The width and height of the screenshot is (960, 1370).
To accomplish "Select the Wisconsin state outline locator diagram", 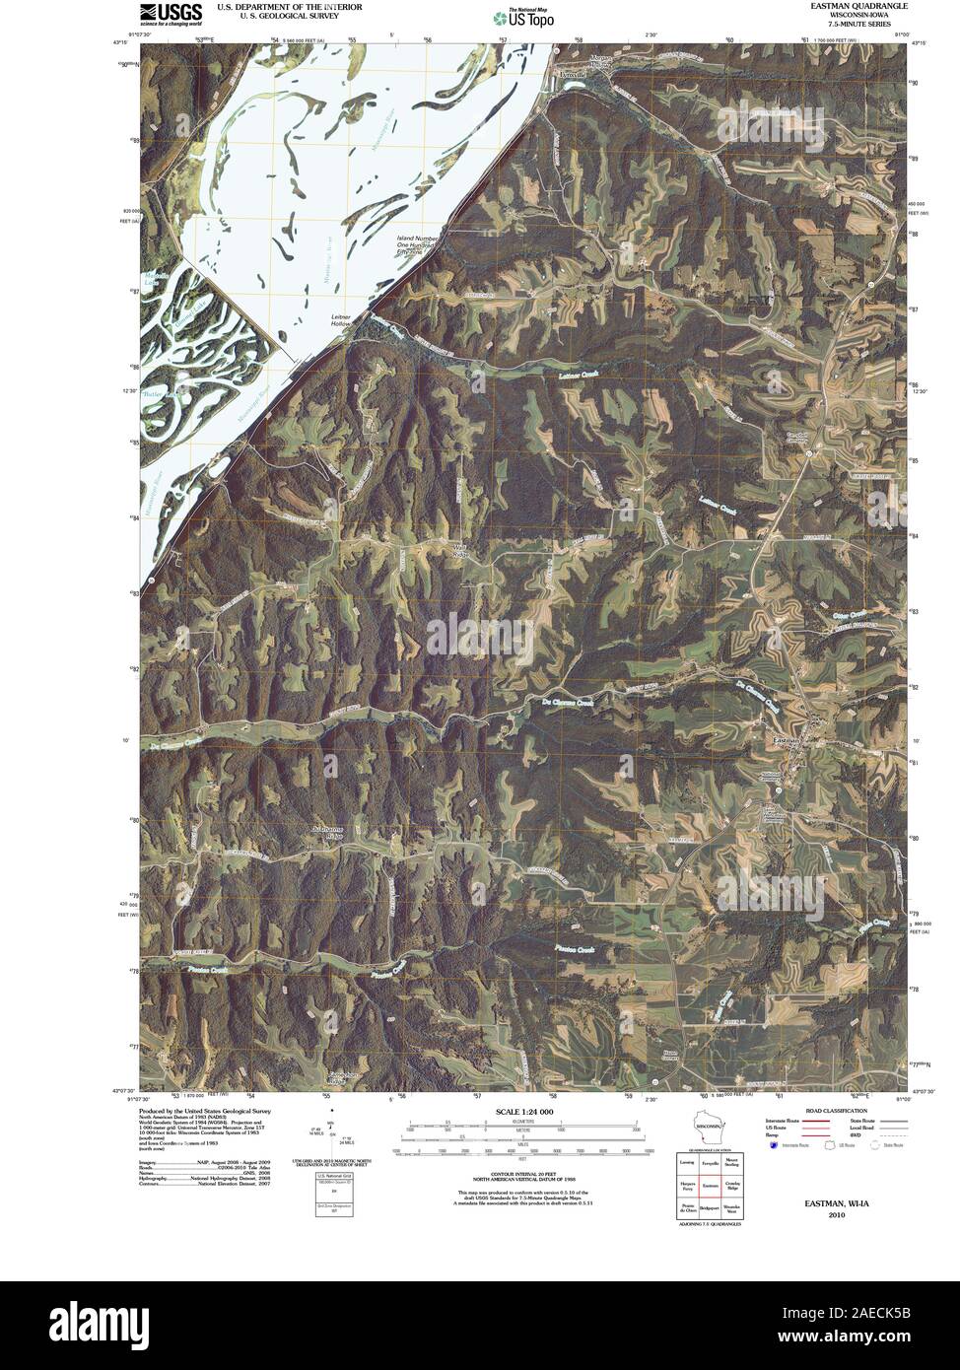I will click(x=708, y=1127).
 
